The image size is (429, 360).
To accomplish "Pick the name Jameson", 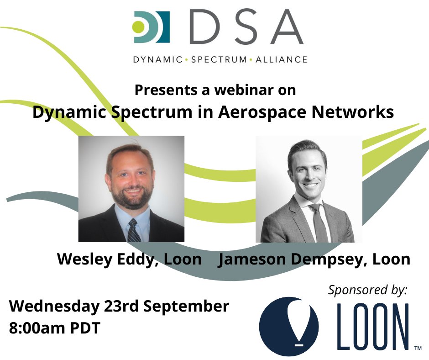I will pos(248,259).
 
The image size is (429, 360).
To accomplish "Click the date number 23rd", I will pos(118,306).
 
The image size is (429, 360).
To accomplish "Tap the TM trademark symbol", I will pos(417,348).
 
